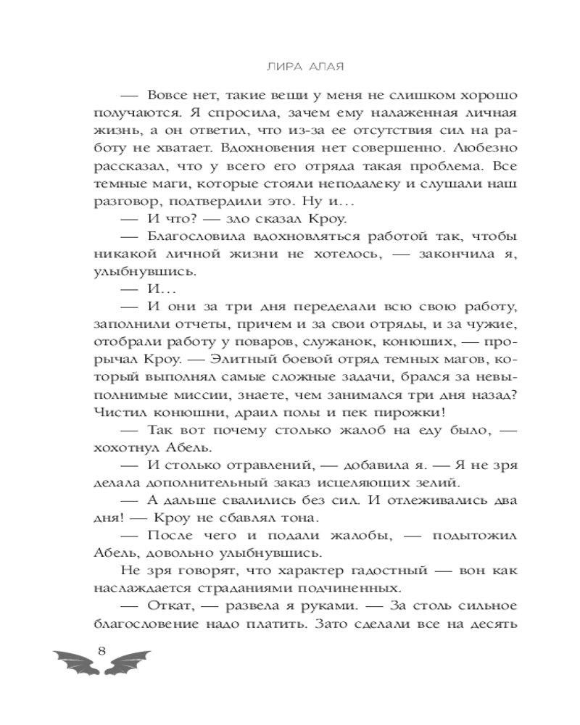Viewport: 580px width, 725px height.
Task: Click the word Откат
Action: [173, 603]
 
